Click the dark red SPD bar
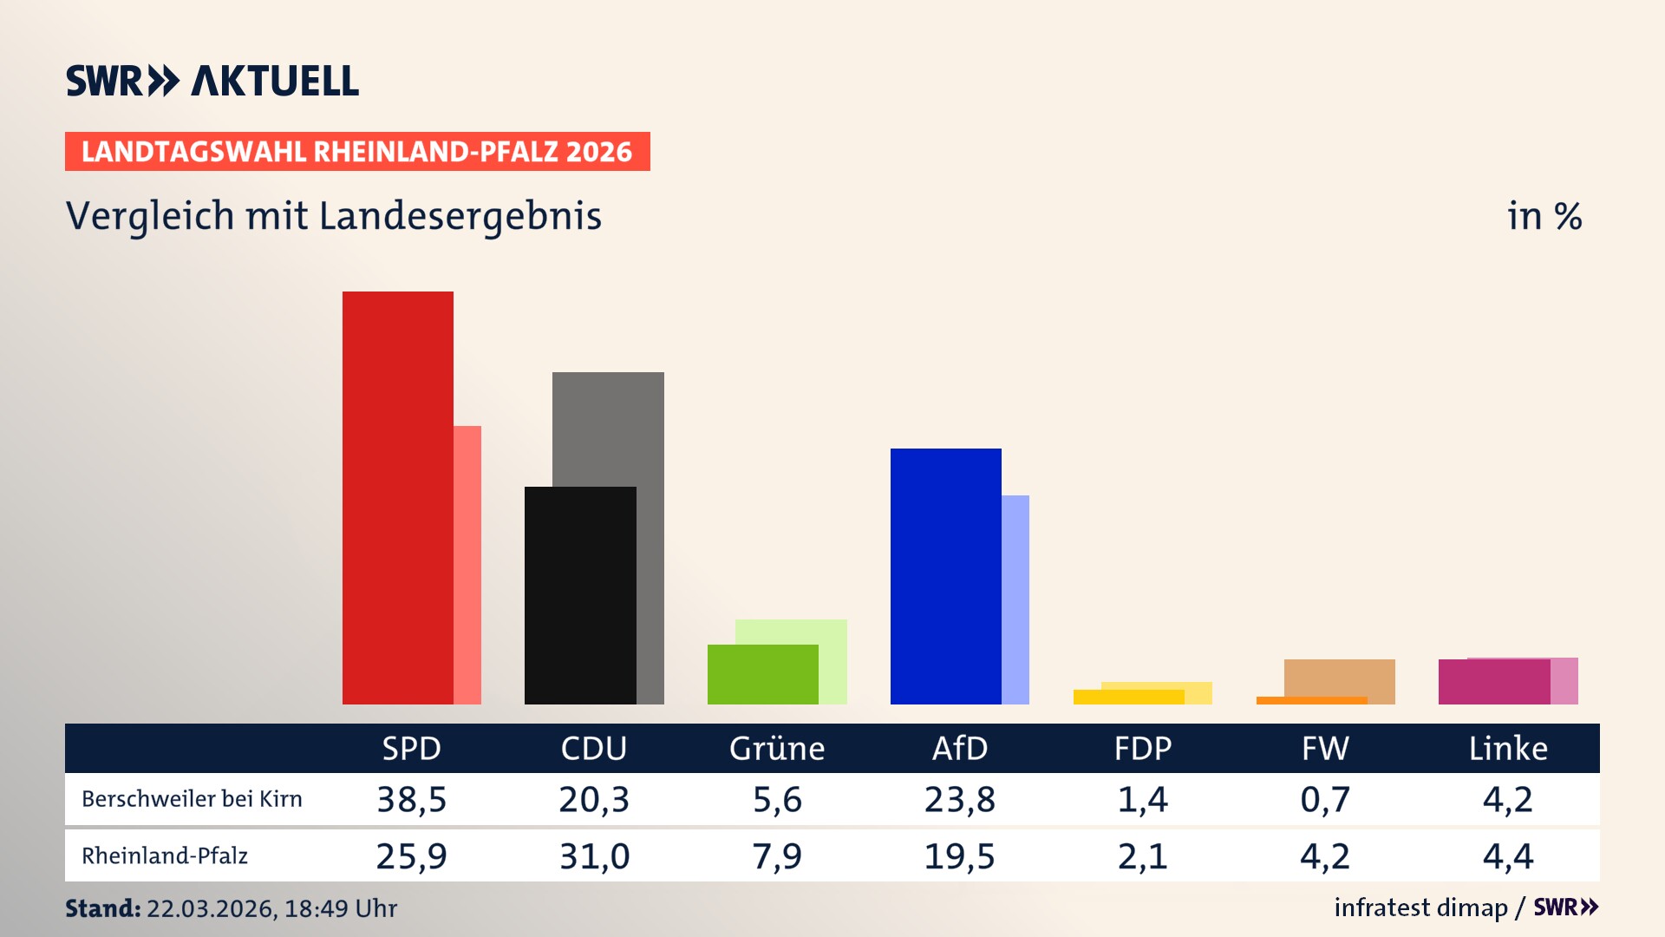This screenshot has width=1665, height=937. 397,497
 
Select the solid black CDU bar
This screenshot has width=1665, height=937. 579,595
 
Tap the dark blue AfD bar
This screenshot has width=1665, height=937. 945,576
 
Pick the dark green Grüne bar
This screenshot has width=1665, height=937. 762,674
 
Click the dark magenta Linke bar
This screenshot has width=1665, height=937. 1493,682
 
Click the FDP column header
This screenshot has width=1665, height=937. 1142,748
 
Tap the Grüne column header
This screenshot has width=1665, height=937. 776,748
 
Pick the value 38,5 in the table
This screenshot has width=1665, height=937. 411,799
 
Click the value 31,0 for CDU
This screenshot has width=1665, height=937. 594,856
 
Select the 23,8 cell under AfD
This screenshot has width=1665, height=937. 959,799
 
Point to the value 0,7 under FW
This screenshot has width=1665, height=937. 1325,799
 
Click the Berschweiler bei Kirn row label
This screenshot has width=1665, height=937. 192,799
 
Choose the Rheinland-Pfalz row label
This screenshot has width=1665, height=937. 165,856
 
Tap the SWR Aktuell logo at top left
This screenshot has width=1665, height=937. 212,81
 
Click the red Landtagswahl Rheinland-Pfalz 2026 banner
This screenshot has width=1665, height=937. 356,152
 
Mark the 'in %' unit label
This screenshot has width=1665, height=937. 1544,216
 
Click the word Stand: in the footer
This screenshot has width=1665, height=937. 102,908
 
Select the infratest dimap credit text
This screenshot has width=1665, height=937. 1420,908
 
